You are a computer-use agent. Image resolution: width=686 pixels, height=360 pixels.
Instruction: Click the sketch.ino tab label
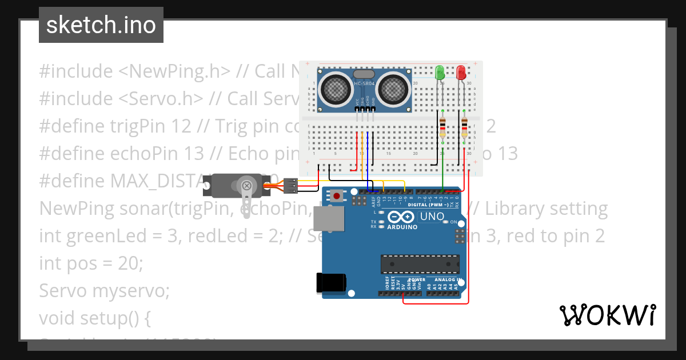pos(101,25)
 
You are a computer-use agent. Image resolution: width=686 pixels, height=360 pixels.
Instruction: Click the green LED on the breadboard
pos(440,73)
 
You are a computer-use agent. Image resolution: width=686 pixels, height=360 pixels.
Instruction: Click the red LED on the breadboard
pos(461,72)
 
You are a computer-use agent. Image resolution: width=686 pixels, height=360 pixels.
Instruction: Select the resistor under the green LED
pos(443,126)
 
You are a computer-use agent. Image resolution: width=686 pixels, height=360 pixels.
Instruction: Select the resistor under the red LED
pos(464,126)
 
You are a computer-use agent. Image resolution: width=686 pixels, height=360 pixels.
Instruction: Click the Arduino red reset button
pos(337,196)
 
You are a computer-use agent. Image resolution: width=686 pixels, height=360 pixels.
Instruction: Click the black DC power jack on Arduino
pos(331,283)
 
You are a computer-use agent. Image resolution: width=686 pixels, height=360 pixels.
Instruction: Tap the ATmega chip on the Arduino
pos(420,265)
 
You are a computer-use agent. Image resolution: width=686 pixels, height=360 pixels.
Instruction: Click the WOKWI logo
pos(607,315)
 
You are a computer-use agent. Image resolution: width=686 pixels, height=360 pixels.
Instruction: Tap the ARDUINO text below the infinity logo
pos(402,226)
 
